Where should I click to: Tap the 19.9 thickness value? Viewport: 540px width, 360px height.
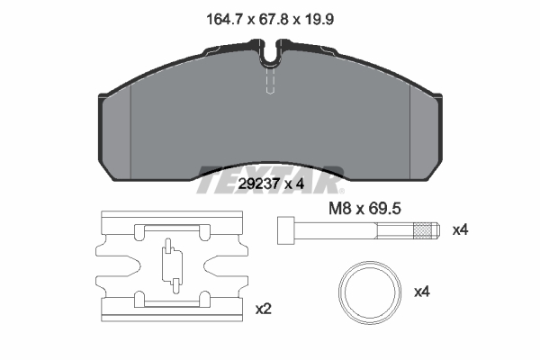coord(319,19)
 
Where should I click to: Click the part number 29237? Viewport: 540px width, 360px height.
coord(258,184)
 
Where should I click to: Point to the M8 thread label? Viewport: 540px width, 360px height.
coord(339,209)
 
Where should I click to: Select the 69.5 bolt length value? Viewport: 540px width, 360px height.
coord(384,209)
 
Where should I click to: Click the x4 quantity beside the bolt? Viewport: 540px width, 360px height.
coord(461,229)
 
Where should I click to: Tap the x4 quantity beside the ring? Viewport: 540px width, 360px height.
coord(422,292)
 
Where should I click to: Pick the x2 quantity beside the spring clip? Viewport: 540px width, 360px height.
coord(264,309)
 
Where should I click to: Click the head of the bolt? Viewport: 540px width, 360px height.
coord(286,230)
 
